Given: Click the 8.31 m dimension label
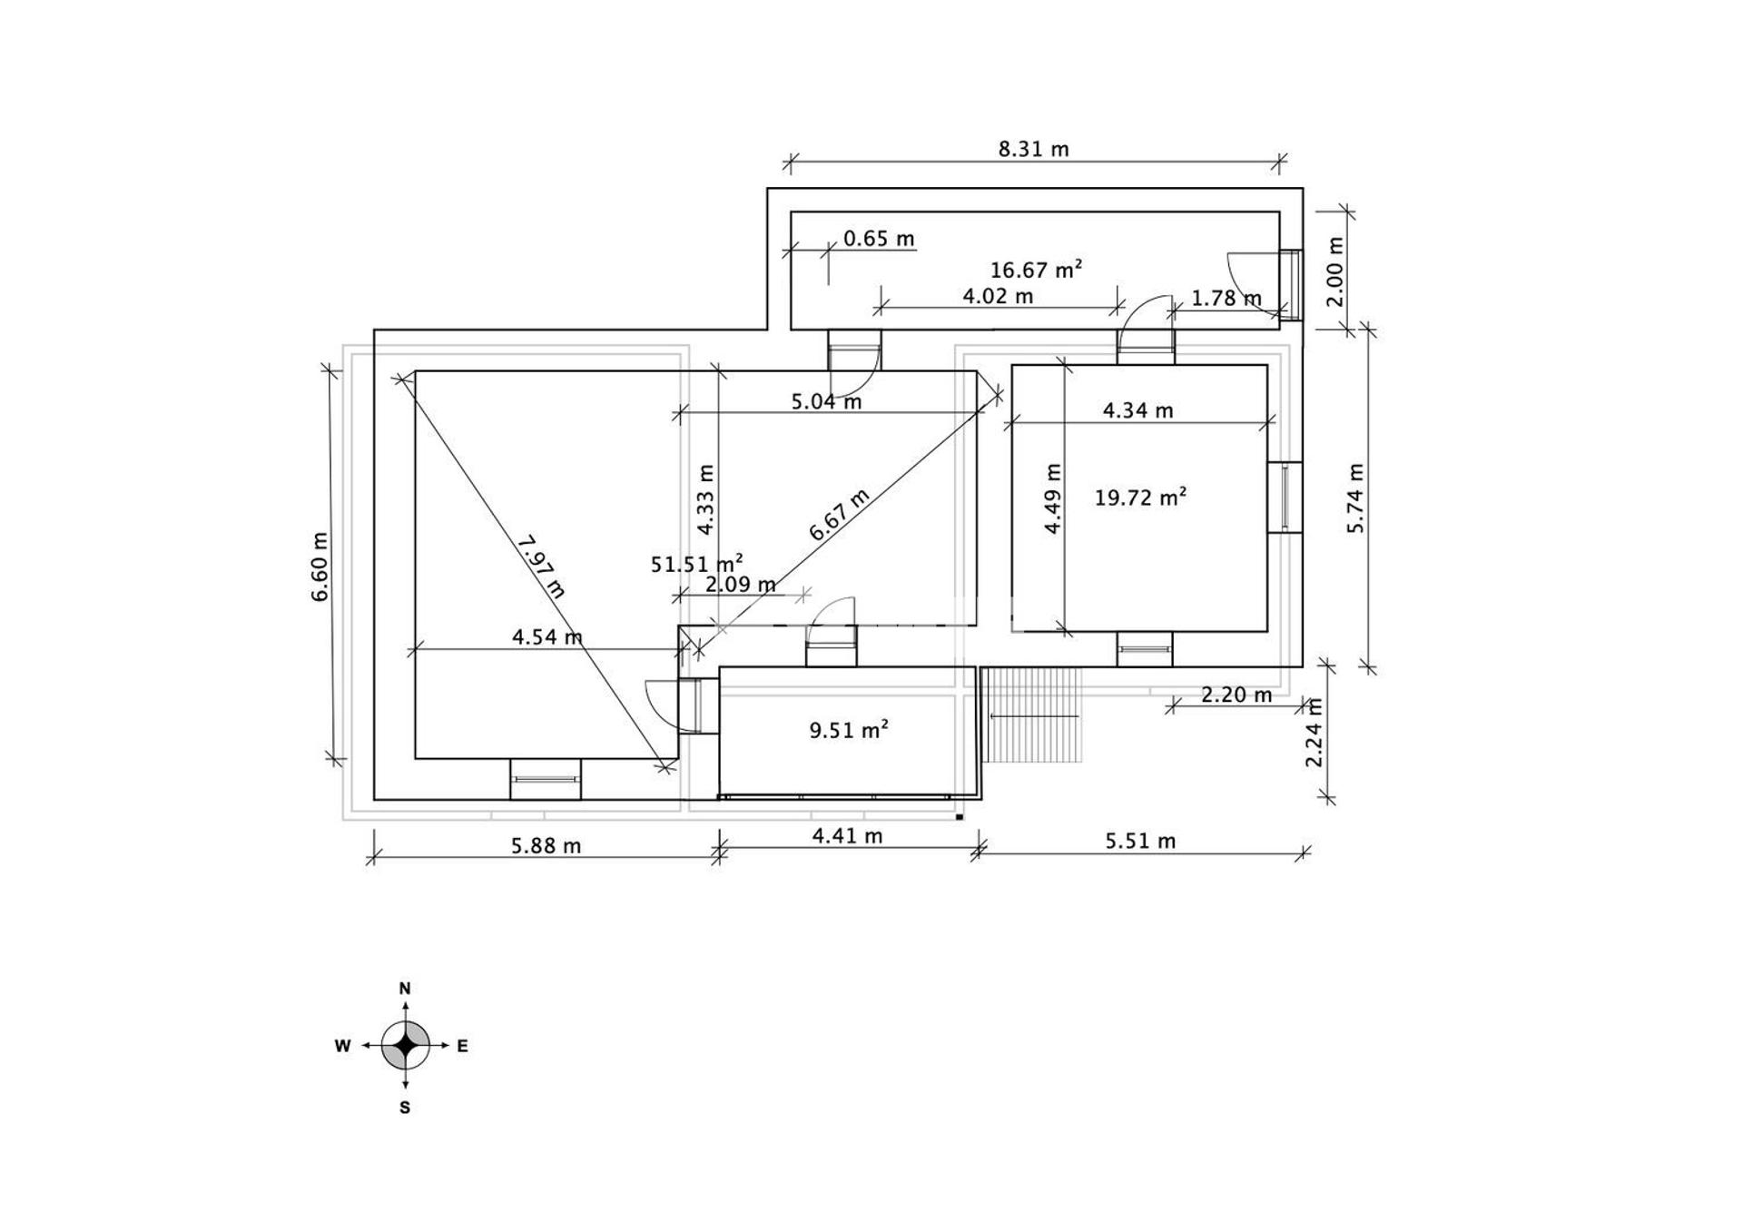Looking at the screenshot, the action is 1033,149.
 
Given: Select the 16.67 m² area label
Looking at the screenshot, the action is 1036,270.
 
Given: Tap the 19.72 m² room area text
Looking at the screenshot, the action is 1140,498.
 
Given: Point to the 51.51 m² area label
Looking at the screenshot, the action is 696,564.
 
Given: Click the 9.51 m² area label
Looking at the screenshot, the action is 849,730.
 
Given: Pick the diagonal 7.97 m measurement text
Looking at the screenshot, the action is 541,567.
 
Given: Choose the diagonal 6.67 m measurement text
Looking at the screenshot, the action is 839,515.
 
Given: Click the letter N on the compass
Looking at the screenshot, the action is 405,988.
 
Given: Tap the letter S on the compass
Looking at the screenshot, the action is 405,1108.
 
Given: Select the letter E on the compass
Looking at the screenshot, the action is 462,1046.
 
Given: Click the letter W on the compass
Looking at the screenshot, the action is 342,1046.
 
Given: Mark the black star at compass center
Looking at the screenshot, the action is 406,1046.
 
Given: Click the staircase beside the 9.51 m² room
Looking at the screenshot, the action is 1033,716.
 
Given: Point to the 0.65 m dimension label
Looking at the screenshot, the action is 879,239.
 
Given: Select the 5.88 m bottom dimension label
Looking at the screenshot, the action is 546,846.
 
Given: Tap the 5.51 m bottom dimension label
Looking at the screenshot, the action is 1140,842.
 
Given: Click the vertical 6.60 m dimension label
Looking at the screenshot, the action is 320,567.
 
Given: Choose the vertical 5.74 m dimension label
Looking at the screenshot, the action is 1356,498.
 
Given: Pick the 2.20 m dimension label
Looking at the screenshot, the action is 1236,695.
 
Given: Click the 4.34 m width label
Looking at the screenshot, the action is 1137,410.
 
